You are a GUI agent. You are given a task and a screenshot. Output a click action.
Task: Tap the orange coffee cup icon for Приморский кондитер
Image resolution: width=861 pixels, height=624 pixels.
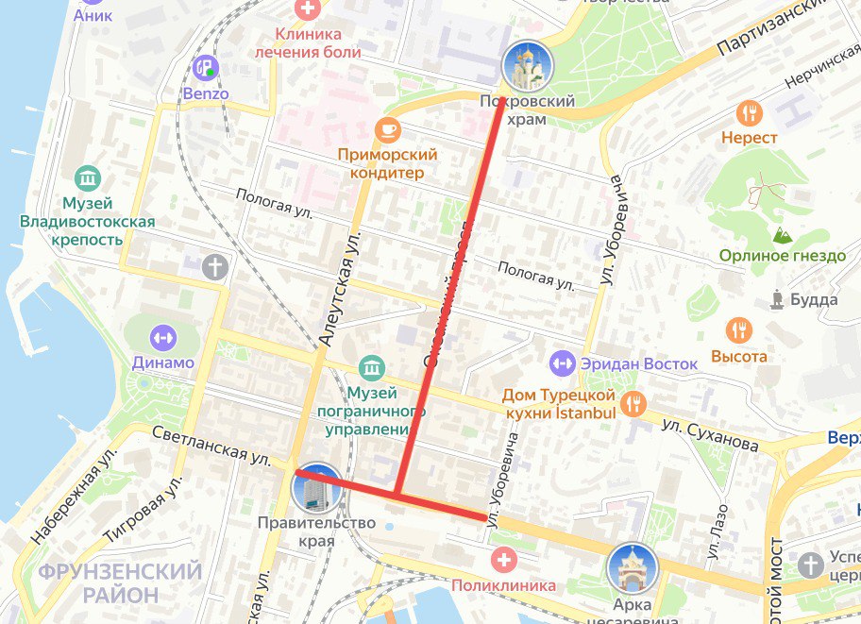click(387, 128)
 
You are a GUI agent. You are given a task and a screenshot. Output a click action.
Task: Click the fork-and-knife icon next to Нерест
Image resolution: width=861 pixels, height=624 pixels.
click(750, 113)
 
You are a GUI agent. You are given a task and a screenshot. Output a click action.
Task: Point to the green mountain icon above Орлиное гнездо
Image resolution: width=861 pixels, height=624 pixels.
click(781, 233)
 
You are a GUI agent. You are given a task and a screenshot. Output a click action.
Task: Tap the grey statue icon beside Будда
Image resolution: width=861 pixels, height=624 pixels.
click(777, 300)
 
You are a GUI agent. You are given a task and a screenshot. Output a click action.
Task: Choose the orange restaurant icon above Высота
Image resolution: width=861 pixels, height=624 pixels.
click(739, 330)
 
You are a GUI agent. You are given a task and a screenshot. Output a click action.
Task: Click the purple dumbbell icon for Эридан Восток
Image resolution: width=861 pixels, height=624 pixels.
click(562, 363)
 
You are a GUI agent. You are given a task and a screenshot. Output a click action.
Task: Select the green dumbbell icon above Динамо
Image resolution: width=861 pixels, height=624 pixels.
click(163, 336)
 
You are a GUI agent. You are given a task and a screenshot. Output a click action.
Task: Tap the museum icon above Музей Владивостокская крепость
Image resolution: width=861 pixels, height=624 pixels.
click(88, 177)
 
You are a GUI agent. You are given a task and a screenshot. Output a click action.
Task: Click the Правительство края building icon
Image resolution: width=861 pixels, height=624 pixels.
click(318, 487)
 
